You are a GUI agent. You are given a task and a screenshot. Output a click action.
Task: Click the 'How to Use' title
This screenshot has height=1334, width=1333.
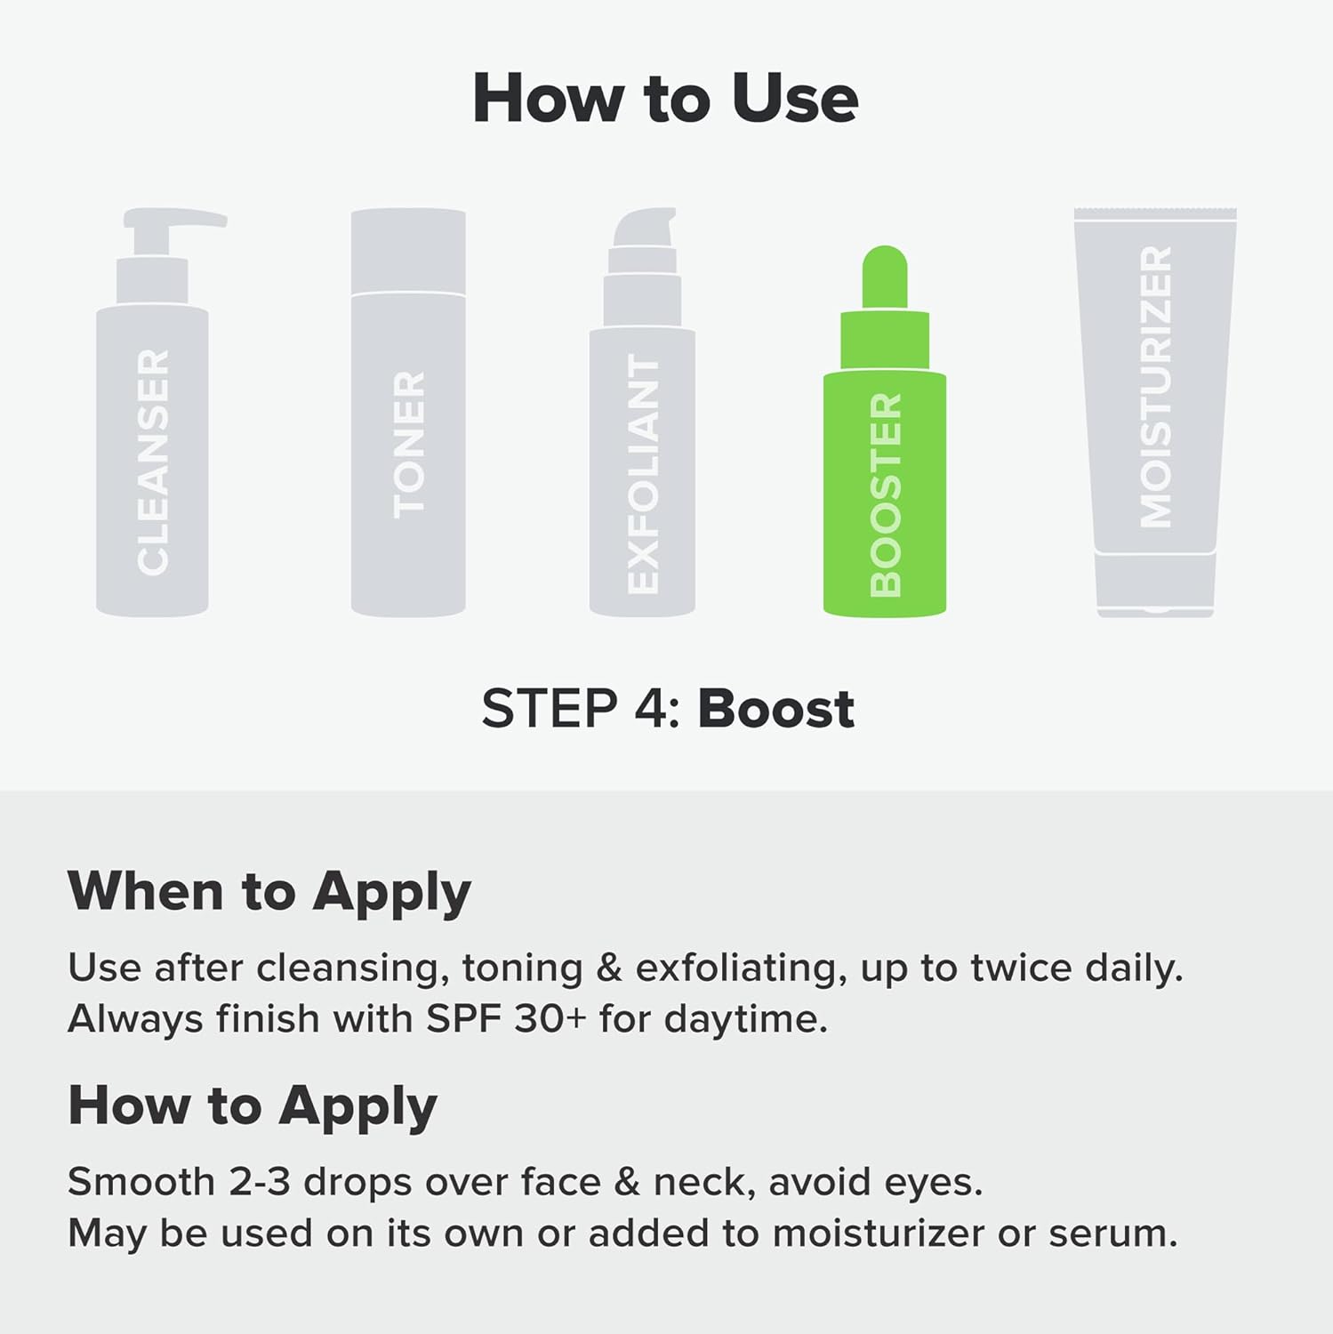click(665, 98)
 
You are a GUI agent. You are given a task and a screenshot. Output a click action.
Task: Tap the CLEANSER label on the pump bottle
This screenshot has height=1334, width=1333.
click(153, 462)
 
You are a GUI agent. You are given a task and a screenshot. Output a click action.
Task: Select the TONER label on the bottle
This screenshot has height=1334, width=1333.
click(409, 445)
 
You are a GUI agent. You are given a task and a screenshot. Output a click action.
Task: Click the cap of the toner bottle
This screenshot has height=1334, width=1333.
click(408, 251)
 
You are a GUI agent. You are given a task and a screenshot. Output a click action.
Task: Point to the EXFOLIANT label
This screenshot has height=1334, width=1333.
click(643, 474)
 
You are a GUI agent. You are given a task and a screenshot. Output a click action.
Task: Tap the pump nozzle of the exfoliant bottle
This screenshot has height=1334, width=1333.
click(646, 227)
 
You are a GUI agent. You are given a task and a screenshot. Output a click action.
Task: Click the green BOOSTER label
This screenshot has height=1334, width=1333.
click(885, 494)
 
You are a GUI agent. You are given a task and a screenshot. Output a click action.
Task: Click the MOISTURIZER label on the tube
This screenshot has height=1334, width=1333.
click(1156, 387)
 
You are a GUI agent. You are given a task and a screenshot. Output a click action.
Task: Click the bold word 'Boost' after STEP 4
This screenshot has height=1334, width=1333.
click(775, 709)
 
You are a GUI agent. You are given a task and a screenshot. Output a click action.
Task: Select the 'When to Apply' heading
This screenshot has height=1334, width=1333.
click(269, 891)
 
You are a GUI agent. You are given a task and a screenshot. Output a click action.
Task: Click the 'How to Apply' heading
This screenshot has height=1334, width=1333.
click(253, 1105)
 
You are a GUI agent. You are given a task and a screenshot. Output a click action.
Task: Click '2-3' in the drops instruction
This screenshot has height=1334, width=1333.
click(259, 1182)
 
